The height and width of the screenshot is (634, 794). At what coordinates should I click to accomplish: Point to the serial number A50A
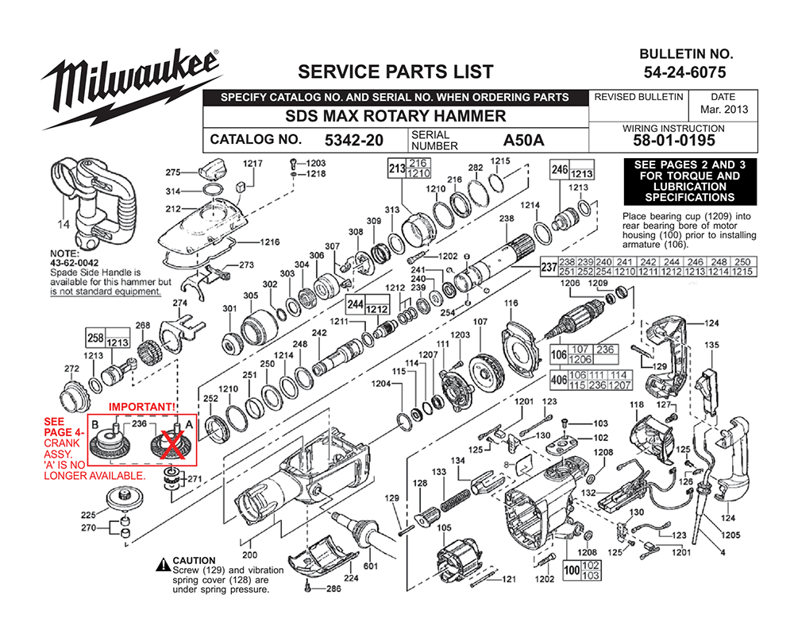(523, 141)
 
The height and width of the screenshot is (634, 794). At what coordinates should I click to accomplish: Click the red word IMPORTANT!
(141, 407)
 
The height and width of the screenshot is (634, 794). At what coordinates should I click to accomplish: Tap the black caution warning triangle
(163, 562)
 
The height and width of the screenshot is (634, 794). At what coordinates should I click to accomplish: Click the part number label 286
(333, 589)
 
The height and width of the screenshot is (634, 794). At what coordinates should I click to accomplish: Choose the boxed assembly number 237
(548, 268)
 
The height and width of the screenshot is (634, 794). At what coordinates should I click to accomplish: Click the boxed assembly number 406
(558, 381)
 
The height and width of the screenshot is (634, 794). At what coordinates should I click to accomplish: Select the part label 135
(712, 346)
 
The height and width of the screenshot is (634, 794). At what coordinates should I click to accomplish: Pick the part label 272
(71, 369)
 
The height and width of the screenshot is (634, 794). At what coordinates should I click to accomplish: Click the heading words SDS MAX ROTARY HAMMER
(395, 116)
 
